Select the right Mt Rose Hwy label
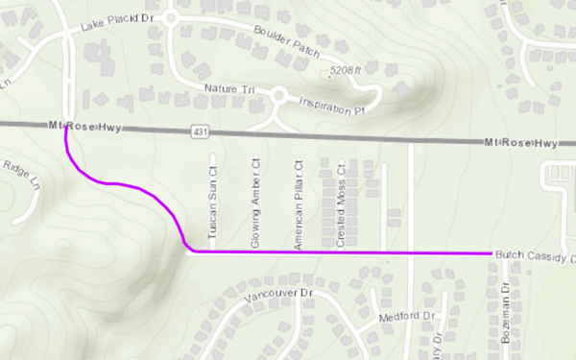click(x=521, y=143)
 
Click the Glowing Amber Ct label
click(x=255, y=203)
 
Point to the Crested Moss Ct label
click(x=341, y=209)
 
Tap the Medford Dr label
click(x=407, y=316)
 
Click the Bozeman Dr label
click(x=506, y=313)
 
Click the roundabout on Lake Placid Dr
click(x=171, y=15)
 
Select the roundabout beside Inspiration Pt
click(x=279, y=95)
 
